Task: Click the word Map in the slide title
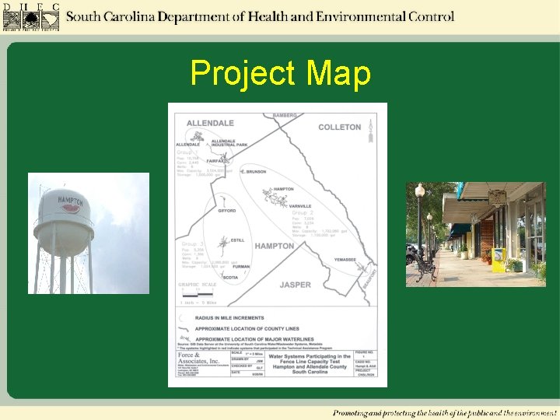pos(338,74)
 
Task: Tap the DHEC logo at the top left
pos(30,16)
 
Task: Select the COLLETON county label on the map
pos(339,127)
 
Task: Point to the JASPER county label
pos(295,285)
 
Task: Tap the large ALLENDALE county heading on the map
pos(210,123)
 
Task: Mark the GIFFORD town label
pos(227,211)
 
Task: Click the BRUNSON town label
pos(254,171)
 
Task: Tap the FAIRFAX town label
pos(216,161)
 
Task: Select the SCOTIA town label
pos(230,277)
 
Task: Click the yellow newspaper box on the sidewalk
pos(499,260)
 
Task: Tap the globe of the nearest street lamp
pos(420,190)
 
